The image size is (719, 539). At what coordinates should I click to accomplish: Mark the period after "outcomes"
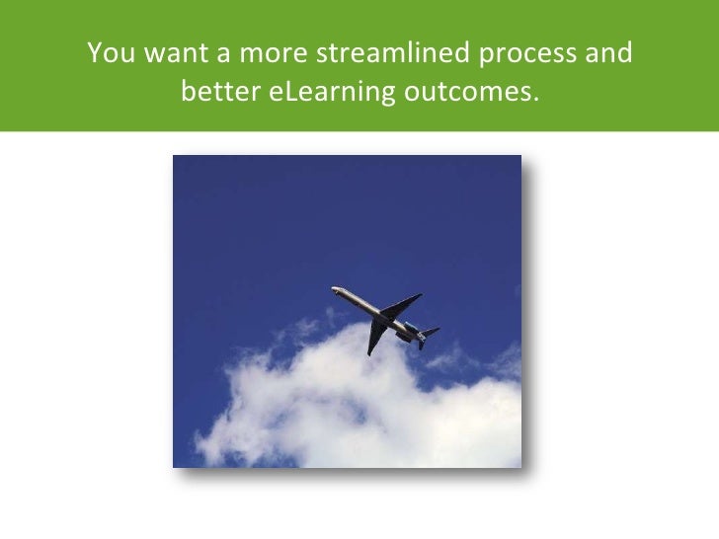[x=538, y=101]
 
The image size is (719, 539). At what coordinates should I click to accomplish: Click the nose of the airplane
[x=334, y=288]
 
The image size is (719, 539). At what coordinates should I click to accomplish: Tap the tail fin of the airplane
[x=431, y=332]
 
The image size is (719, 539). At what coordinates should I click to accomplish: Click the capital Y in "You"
[x=95, y=53]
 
